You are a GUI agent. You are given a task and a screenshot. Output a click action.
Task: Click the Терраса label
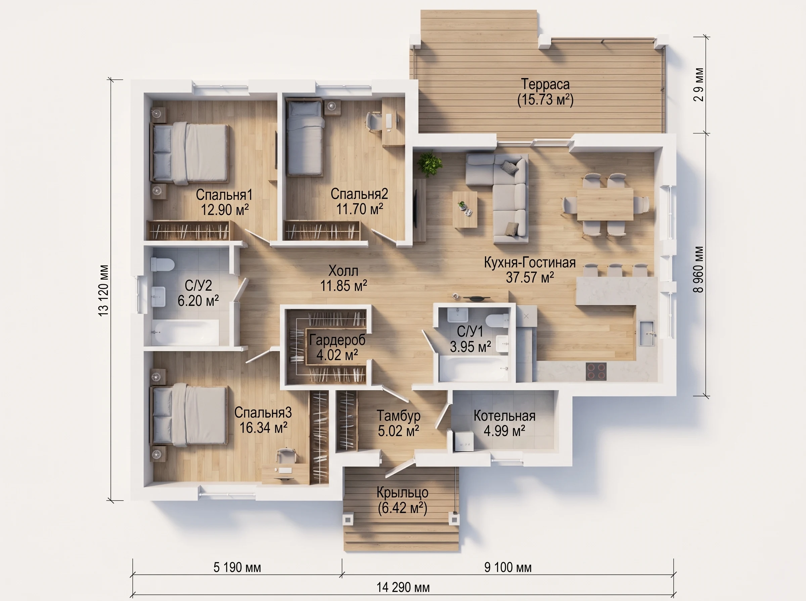(545, 84)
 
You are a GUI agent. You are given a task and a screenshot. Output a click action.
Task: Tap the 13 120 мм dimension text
(104, 290)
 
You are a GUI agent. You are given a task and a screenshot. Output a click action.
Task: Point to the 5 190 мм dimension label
(237, 567)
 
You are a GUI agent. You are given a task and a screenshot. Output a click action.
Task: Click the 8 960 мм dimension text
(699, 270)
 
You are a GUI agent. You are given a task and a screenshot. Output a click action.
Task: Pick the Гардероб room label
(337, 340)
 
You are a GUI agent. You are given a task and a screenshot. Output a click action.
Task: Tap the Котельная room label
(504, 416)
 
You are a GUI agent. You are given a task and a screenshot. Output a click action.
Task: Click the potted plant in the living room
(430, 164)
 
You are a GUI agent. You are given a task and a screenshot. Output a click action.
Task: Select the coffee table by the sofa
(465, 210)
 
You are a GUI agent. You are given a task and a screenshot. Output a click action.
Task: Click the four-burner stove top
(596, 372)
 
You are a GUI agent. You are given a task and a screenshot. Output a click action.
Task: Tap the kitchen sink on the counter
(647, 333)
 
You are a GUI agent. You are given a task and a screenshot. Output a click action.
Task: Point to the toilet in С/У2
(163, 265)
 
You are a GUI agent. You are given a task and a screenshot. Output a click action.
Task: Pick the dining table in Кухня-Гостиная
(605, 204)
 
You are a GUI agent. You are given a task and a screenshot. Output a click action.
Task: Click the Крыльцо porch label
(402, 493)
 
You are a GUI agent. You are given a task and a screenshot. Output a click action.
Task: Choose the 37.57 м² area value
(530, 277)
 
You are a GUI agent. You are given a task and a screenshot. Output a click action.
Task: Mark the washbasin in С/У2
(159, 297)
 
